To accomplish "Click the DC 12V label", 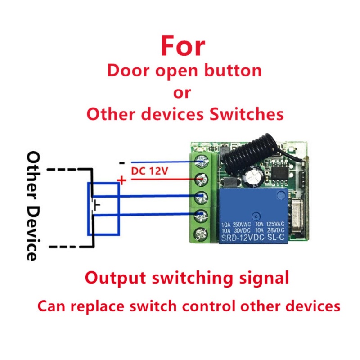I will (x=147, y=171).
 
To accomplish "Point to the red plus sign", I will (x=121, y=180).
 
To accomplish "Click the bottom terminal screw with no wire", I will (x=200, y=234).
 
